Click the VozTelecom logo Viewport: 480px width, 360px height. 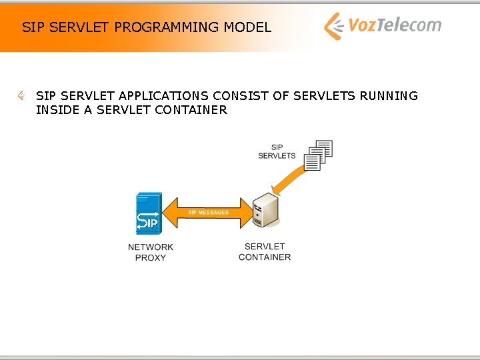383,26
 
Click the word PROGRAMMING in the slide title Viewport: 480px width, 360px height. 167,27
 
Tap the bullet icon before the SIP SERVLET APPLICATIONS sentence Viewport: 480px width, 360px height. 22,96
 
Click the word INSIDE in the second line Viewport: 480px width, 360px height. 57,110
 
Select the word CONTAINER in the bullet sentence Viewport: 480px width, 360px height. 191,110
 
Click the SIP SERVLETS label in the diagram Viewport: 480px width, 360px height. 277,151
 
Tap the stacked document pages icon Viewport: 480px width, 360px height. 317,155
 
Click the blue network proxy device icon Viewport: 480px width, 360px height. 148,213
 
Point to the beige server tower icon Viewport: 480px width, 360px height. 265,211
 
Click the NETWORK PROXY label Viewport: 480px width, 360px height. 151,252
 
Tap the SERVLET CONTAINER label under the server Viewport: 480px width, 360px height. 265,251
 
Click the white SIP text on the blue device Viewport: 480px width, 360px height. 147,223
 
